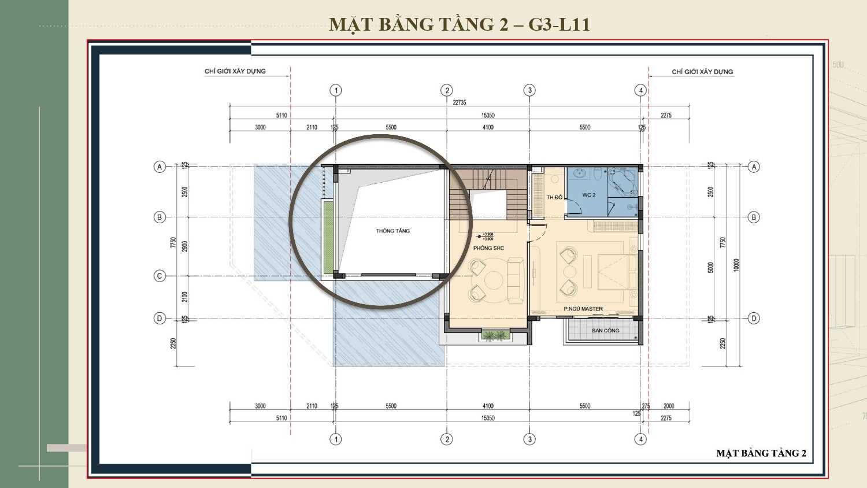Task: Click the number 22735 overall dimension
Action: click(459, 102)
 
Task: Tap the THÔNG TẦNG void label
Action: click(392, 231)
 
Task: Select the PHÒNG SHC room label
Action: click(488, 248)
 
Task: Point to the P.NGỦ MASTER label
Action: click(583, 309)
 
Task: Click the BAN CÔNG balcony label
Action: click(605, 331)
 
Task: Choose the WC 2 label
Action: click(588, 195)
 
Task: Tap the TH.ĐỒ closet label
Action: click(554, 197)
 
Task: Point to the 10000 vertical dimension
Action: click(736, 265)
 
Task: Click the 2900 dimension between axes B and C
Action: click(185, 246)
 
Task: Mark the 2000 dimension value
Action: click(669, 406)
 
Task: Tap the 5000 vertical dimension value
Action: click(711, 267)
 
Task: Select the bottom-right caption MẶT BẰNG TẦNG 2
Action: click(761, 453)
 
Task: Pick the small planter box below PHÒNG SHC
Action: click(495, 335)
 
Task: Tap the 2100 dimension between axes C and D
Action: click(185, 297)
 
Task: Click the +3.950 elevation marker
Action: click(487, 235)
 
